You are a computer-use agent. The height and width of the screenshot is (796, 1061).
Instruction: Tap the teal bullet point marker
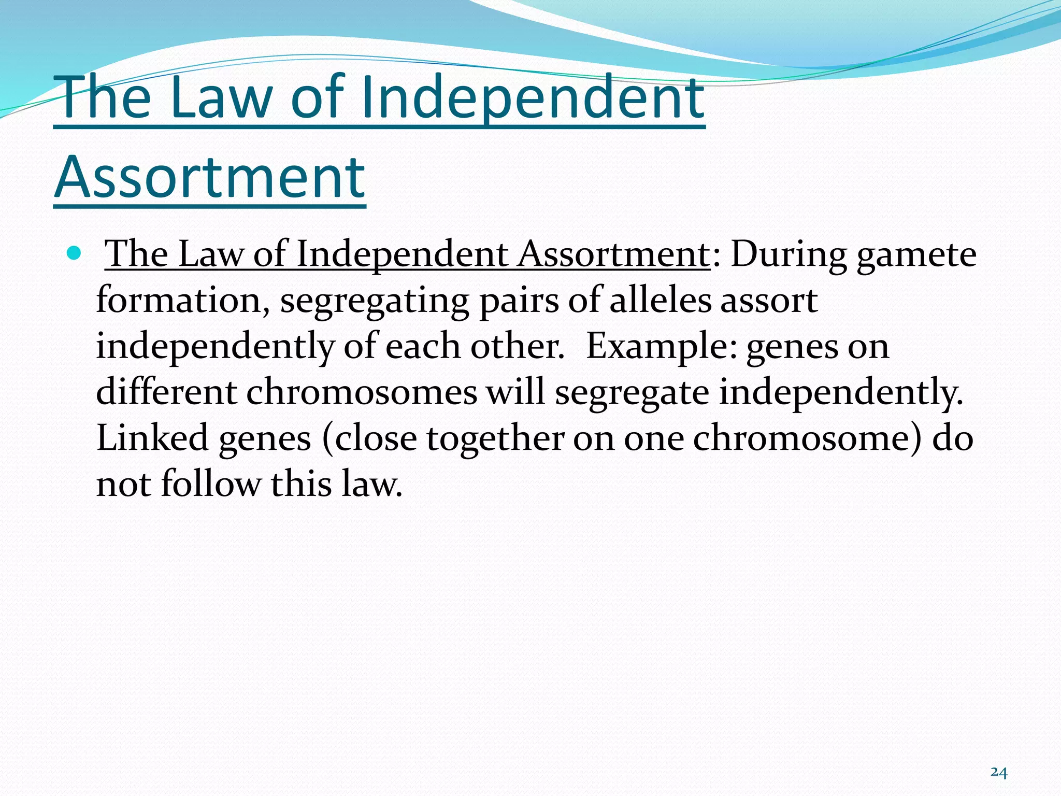(x=75, y=253)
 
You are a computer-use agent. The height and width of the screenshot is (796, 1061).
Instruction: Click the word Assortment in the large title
(x=210, y=177)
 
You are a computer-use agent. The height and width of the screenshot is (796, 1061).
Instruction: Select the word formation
(x=179, y=300)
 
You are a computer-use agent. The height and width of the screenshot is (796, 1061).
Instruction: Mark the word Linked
(x=152, y=437)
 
